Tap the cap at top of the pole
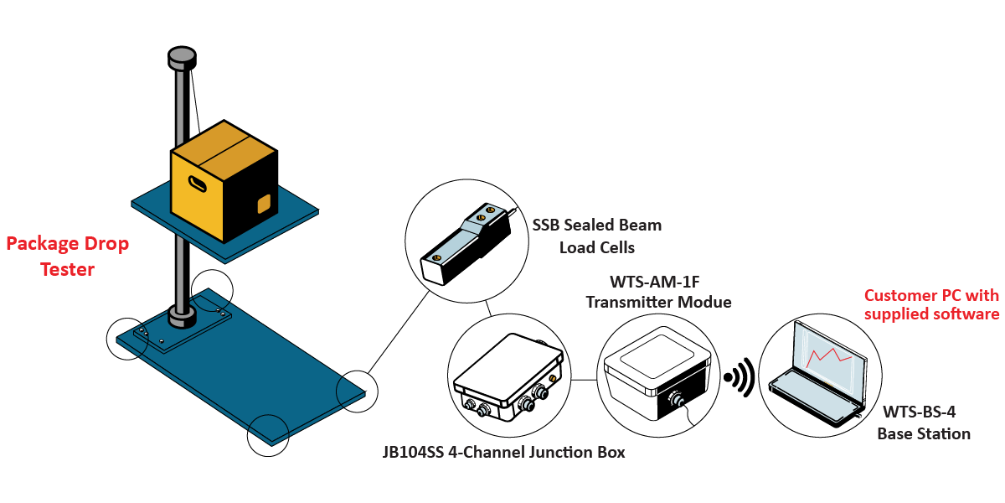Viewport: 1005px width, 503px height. point(182,58)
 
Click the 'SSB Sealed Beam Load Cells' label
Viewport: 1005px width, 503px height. point(597,236)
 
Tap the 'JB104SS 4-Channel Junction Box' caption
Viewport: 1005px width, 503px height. point(503,453)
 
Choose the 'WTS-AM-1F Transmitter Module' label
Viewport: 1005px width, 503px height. point(658,291)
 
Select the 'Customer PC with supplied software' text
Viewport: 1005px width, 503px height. point(931,304)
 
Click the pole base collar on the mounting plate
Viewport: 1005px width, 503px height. point(181,317)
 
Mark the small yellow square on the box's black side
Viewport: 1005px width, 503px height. point(263,204)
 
